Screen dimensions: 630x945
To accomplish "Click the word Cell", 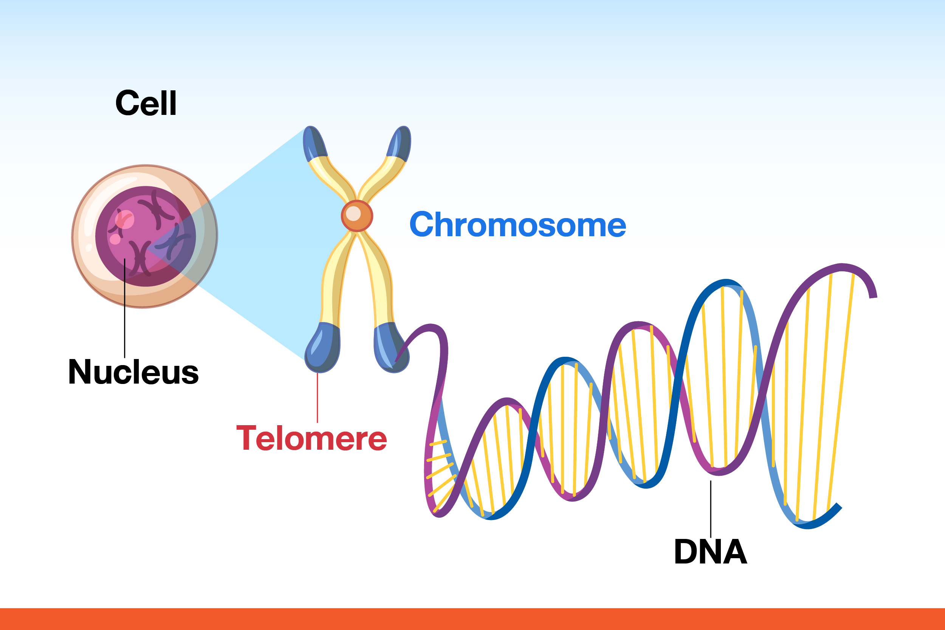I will tap(146, 103).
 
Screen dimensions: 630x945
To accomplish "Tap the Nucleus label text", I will tap(133, 371).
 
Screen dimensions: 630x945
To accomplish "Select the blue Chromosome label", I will tap(517, 224).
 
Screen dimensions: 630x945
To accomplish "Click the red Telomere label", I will tap(311, 438).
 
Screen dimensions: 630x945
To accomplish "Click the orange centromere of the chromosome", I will tap(357, 216).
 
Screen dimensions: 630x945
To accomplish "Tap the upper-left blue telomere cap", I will tap(314, 142).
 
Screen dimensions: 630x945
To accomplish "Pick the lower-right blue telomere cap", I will tap(390, 348).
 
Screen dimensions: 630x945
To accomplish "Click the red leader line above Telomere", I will tap(318, 398).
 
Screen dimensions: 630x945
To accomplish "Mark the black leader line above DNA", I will tap(711, 509).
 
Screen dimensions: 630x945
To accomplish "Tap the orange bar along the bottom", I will tap(472, 619).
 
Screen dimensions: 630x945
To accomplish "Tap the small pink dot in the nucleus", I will tap(115, 240).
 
